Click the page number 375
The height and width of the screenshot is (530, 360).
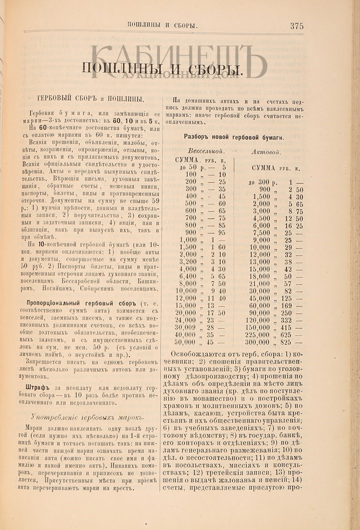coord(296,26)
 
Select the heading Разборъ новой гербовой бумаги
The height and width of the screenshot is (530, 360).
coord(234,137)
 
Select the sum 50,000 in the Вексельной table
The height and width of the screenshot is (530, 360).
coord(185,342)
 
